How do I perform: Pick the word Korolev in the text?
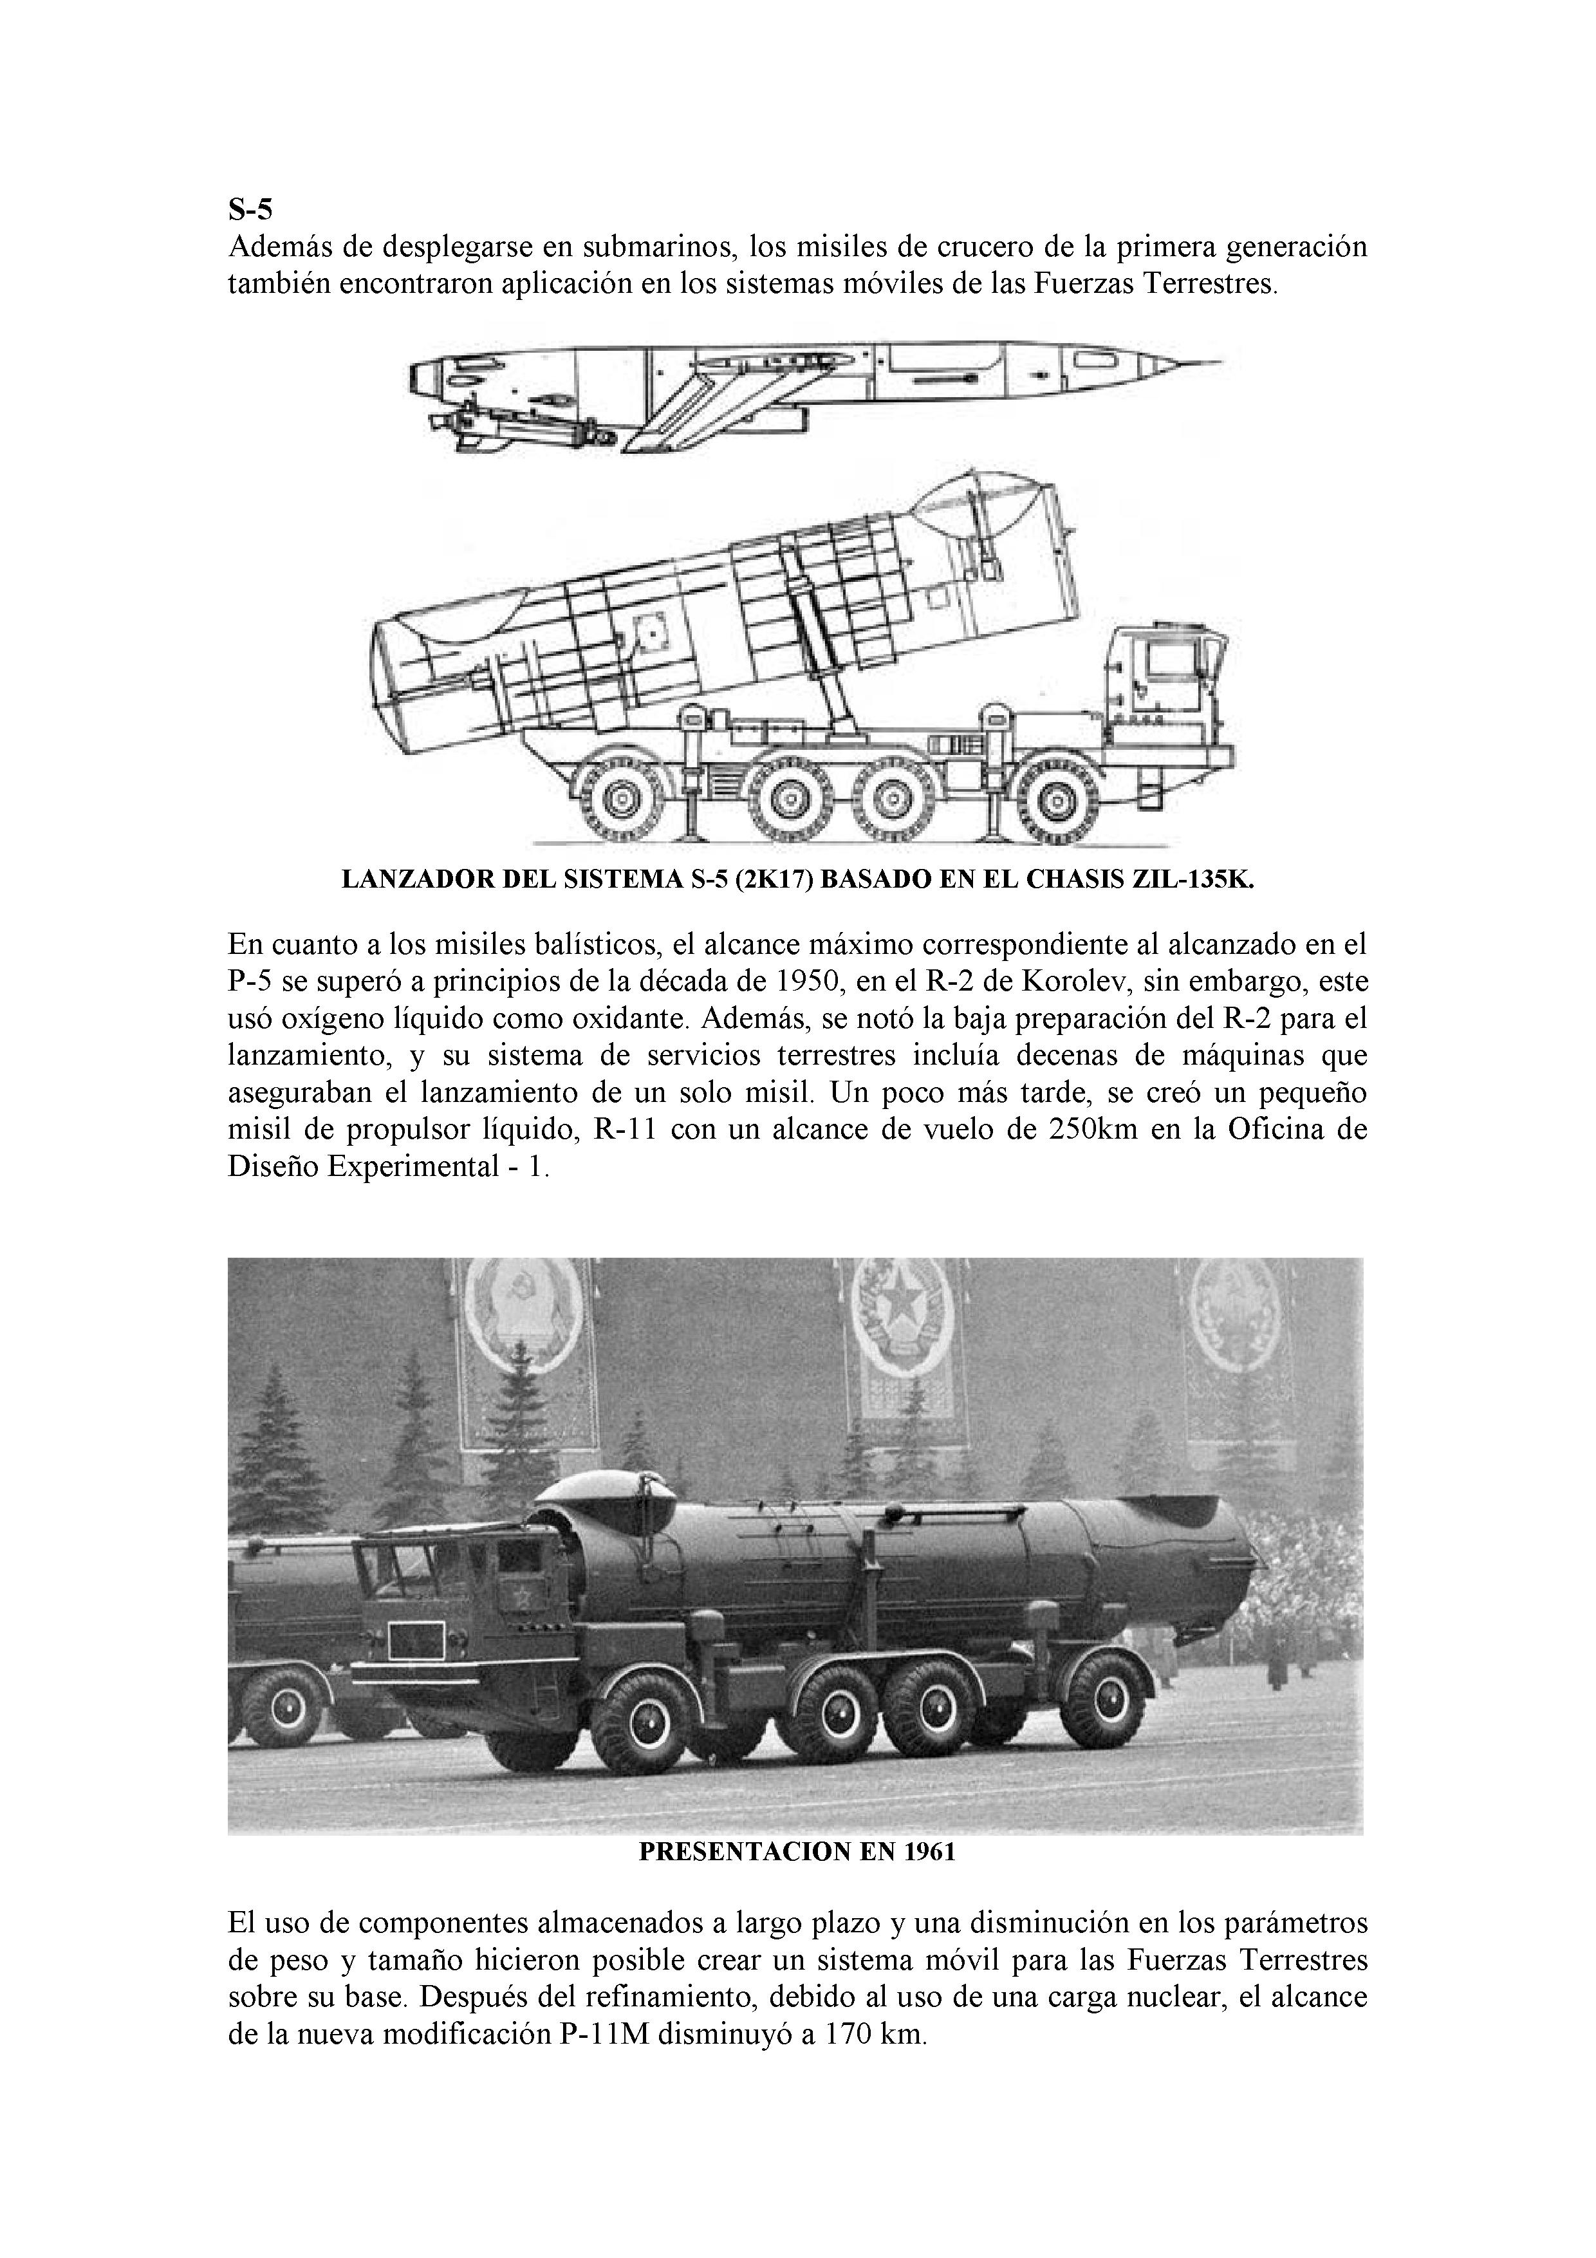pyautogui.click(x=1041, y=982)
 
